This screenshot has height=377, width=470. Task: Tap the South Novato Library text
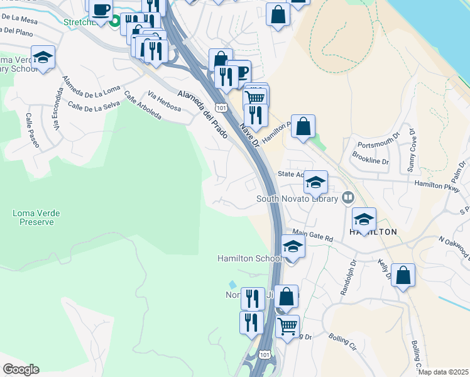297,199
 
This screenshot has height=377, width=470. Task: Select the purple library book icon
347,199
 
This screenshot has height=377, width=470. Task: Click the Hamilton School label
249,258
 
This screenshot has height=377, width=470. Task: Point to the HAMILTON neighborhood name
373,232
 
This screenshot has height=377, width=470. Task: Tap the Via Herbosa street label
165,102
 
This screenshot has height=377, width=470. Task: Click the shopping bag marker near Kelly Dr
403,275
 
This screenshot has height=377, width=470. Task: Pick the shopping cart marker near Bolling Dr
287,326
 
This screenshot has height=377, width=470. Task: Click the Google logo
21,369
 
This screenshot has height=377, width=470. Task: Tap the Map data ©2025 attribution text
444,372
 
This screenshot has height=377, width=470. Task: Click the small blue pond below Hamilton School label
233,285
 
